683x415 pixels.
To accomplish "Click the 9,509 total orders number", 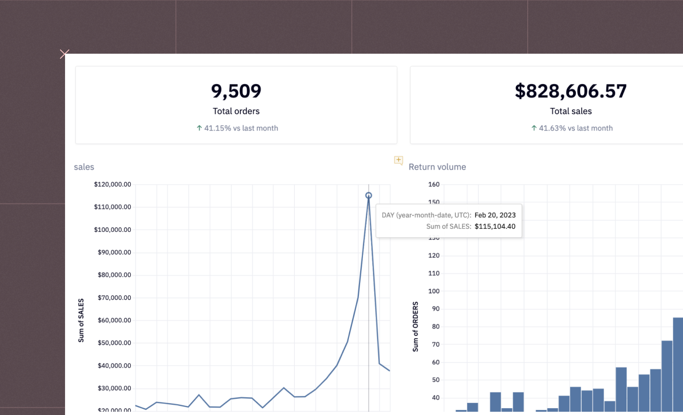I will click(x=236, y=91).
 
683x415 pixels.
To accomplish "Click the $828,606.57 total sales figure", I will click(x=570, y=91).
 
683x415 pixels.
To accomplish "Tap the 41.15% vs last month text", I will click(x=241, y=128).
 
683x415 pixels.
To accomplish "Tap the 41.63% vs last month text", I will click(x=575, y=128).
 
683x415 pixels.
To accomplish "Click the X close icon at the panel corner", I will click(x=64, y=54).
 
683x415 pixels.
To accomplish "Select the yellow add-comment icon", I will click(x=398, y=160).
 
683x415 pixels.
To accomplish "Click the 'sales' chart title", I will click(x=84, y=167).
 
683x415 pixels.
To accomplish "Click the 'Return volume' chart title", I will click(x=437, y=167).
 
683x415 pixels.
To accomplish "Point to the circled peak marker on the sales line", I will click(x=368, y=196).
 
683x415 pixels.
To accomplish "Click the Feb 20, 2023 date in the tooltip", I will click(x=495, y=215).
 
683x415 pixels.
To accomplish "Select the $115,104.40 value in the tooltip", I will click(x=495, y=226).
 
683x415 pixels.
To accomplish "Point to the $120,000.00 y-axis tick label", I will click(x=112, y=184).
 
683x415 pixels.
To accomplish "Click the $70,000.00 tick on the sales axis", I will click(x=114, y=297).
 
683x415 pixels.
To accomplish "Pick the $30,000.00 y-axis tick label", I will click(x=114, y=388).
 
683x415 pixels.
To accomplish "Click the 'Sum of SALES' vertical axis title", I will click(x=81, y=320).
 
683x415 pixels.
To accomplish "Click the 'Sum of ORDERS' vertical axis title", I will click(x=415, y=326).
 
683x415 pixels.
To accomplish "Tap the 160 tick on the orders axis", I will click(x=434, y=184).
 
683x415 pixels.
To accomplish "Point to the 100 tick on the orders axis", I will click(x=434, y=291).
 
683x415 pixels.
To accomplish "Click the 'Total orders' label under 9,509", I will click(x=236, y=111).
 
